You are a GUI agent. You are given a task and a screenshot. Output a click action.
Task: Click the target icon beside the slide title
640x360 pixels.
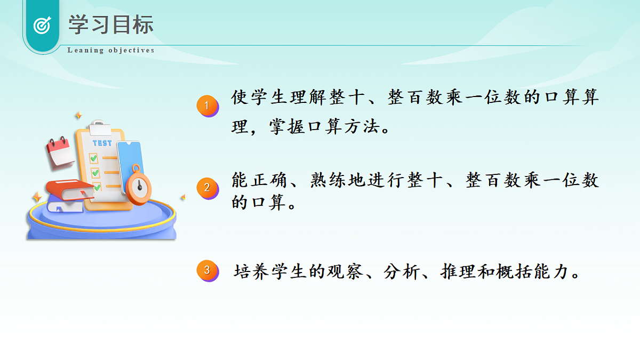42,25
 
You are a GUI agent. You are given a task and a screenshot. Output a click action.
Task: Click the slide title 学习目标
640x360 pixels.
111,25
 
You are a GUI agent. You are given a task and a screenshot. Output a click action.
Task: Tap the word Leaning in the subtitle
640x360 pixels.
85,51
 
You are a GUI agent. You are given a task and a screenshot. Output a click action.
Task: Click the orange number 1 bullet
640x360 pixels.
207,106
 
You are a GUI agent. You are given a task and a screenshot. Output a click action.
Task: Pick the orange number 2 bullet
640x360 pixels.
207,188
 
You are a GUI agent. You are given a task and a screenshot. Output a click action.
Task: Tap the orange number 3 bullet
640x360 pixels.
207,271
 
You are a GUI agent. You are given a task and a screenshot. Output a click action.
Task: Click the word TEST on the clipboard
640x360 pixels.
102,143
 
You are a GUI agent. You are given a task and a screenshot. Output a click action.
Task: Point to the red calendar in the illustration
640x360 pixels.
60,152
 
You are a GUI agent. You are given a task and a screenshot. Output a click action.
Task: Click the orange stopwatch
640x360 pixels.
139,186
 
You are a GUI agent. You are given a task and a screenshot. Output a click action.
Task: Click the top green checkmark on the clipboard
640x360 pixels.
93,158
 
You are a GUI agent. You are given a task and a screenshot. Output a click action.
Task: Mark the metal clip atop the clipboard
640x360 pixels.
99,127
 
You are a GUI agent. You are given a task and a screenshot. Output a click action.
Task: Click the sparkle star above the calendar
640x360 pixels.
78,115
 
